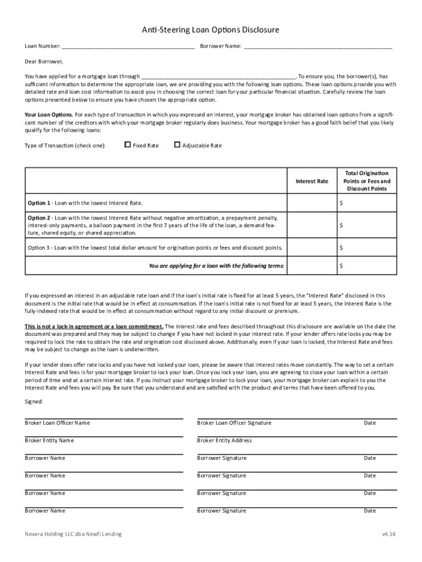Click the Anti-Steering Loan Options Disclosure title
point(211,30)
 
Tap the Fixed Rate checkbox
point(128,145)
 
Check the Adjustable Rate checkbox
point(177,145)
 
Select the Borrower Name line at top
point(318,47)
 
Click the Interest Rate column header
point(312,181)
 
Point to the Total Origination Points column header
point(367,181)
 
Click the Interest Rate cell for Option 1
point(312,203)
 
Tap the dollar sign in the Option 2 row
point(341,225)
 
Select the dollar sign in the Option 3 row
point(341,248)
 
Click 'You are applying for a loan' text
point(216,266)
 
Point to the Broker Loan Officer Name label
point(58,423)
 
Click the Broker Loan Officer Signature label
point(234,423)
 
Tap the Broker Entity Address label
point(224,441)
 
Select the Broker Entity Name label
point(49,441)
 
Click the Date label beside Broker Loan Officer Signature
point(370,423)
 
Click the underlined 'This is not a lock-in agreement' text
point(94,327)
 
